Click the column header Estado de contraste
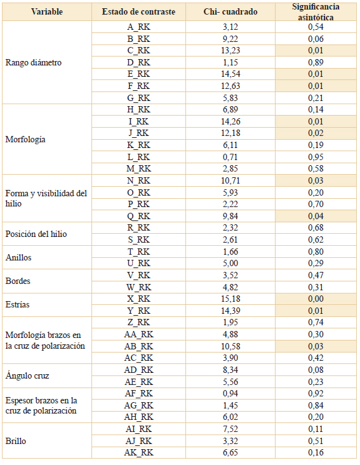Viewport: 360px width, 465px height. (x=138, y=12)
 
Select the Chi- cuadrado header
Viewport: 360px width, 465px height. (x=230, y=12)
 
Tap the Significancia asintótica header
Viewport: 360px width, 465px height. (x=316, y=12)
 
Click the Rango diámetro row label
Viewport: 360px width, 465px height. (x=34, y=63)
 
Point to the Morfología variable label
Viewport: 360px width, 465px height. (x=25, y=139)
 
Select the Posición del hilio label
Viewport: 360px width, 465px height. (x=36, y=234)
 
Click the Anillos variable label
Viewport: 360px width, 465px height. (x=18, y=257)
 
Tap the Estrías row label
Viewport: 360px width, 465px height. (x=18, y=304)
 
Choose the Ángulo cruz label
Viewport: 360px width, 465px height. (x=27, y=375)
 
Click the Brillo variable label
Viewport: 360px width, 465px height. (x=16, y=441)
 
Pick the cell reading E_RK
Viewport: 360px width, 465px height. (x=138, y=74)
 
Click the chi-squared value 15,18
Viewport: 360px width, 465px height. (x=230, y=299)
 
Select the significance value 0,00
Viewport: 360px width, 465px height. (x=316, y=299)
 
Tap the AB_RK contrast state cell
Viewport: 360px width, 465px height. (x=138, y=346)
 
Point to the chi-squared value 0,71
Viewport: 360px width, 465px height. (x=230, y=157)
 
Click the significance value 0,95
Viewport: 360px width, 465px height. (x=316, y=157)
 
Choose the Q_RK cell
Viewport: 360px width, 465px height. (x=138, y=216)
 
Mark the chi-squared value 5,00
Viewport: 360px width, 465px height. (x=230, y=264)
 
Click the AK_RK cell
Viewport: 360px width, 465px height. (x=138, y=452)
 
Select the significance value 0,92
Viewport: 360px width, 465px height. (x=316, y=393)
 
